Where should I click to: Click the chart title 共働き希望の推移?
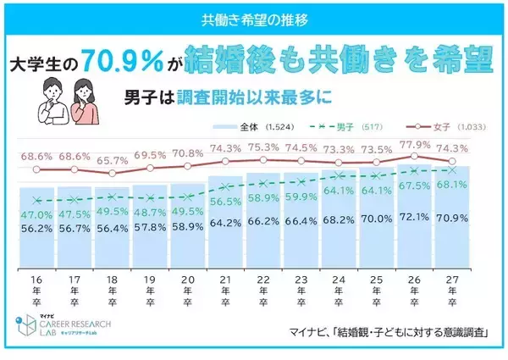(254, 17)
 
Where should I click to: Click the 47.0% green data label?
(36, 215)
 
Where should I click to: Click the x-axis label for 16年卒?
(36, 289)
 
